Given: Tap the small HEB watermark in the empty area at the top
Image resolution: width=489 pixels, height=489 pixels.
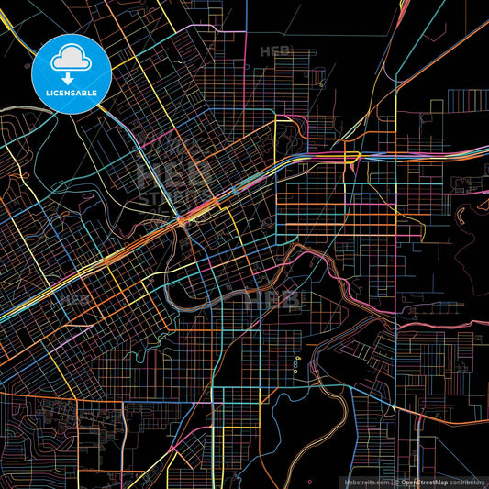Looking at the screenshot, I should [x=275, y=51].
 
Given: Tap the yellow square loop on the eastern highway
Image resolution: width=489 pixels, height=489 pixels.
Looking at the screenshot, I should [x=351, y=158].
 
